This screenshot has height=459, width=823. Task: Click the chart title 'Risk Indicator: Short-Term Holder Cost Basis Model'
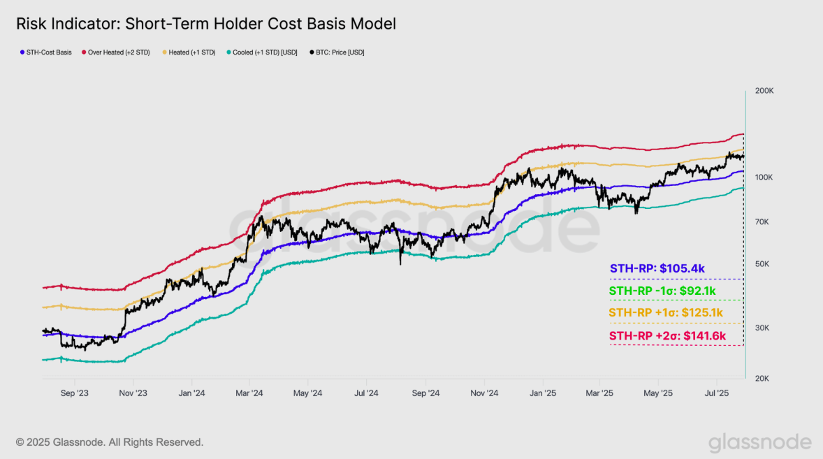[206, 24]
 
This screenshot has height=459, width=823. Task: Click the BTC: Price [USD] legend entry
[340, 52]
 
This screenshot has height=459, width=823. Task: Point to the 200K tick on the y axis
[764, 91]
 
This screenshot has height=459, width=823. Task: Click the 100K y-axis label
[764, 177]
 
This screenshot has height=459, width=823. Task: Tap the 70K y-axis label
[762, 221]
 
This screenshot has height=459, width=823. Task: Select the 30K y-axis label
[762, 328]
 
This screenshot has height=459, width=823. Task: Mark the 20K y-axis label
[762, 378]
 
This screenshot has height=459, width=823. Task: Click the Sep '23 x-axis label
[75, 393]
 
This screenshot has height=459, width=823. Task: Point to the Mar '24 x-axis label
[249, 393]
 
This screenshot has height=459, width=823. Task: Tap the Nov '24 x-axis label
[483, 393]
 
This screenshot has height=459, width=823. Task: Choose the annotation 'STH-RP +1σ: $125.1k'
[665, 312]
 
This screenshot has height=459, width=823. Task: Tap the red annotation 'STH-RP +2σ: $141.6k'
[667, 336]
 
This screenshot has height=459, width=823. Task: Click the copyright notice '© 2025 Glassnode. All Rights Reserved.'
[110, 442]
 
